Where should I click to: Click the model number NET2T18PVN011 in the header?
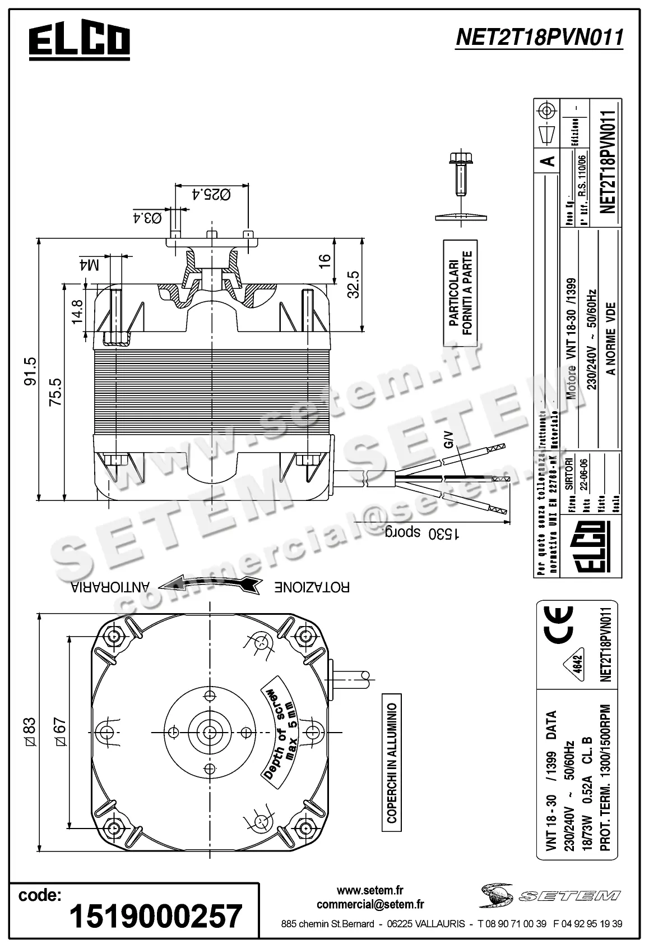[x=539, y=38]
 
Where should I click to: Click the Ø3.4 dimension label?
[x=147, y=218]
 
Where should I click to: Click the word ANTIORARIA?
[x=109, y=587]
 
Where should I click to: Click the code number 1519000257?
[x=155, y=916]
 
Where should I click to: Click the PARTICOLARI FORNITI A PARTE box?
[x=460, y=293]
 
